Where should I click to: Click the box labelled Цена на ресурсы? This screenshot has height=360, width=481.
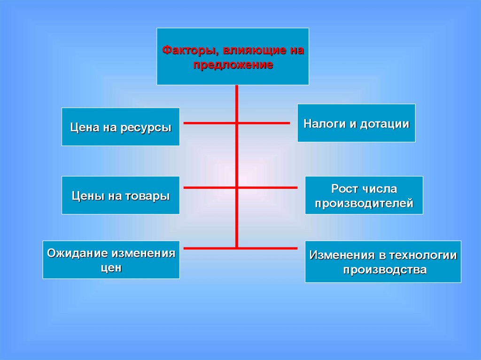(x=120, y=127)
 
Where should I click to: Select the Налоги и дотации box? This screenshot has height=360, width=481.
(x=356, y=123)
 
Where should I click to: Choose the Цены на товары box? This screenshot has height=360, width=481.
(x=120, y=195)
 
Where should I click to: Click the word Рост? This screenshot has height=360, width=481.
(x=345, y=189)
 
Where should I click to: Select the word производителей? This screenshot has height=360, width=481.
(x=364, y=204)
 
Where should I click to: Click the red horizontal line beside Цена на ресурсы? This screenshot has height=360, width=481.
(x=209, y=123)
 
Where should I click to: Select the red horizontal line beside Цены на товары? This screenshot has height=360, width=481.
(x=209, y=188)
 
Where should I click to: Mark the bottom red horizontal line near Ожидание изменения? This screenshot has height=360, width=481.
(x=209, y=248)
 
